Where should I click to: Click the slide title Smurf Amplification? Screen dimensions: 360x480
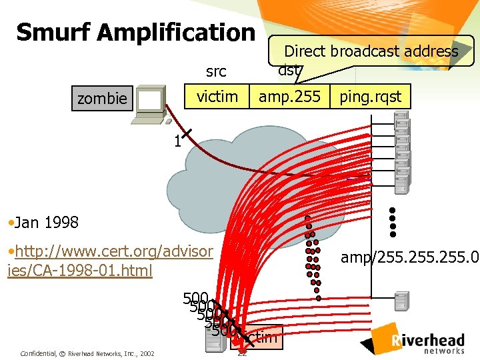click(135, 31)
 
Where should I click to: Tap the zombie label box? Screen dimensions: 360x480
click(101, 99)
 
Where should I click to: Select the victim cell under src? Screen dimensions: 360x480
click(217, 97)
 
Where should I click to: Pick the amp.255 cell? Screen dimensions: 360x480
click(289, 97)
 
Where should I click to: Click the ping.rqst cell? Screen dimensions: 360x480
click(371, 97)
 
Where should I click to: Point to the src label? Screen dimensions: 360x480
click(216, 71)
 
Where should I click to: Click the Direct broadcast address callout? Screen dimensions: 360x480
click(371, 51)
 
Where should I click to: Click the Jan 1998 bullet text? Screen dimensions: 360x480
click(43, 222)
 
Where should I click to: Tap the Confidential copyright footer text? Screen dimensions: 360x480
click(87, 353)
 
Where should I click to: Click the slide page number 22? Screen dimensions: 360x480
click(243, 353)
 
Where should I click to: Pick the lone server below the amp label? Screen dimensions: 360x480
click(402, 301)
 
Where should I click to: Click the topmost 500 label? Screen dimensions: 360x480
click(195, 298)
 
